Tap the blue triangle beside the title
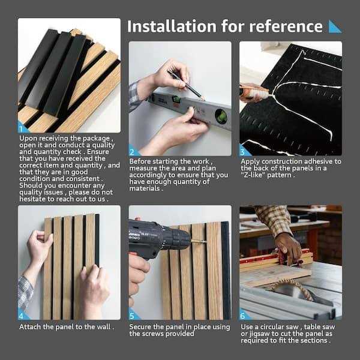coord(335,26)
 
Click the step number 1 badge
coord(23,127)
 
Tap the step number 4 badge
coord(23,315)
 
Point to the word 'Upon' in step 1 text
coord(30,137)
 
